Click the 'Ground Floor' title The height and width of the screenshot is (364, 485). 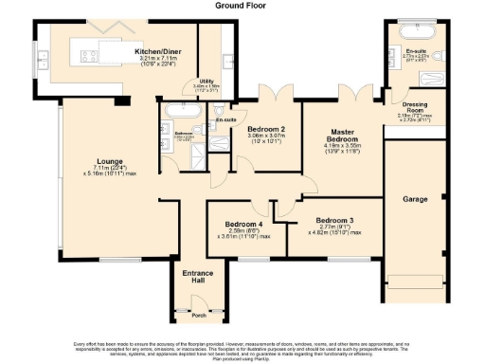[242, 5]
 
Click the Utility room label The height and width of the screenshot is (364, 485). [207, 82]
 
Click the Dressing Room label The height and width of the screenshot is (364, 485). [415, 106]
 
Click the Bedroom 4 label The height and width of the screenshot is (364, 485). [243, 224]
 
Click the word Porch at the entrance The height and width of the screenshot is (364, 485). [198, 315]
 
